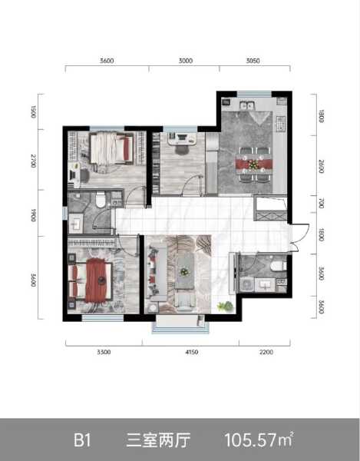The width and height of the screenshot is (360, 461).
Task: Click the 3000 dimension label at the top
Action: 186,61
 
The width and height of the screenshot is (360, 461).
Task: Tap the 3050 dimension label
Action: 253,61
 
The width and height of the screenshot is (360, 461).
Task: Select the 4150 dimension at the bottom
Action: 191,352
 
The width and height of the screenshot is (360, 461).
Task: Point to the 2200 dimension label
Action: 266,352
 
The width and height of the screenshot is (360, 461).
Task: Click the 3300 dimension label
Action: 104,352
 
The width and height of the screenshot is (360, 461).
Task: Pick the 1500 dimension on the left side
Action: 34,111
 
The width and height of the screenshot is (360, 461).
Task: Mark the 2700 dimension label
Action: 34,161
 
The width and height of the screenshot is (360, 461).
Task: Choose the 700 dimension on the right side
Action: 322,203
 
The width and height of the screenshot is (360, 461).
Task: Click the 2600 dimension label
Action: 322,167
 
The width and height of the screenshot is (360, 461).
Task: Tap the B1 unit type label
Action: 82,440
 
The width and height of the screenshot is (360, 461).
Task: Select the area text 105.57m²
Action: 259,439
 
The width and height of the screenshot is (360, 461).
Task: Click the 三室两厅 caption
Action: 158,440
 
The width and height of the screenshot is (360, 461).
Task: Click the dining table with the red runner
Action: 254,164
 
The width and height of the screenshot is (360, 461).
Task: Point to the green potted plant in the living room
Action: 225,307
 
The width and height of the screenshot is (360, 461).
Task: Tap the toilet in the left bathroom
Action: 101,199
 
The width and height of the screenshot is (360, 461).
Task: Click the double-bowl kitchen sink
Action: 246,105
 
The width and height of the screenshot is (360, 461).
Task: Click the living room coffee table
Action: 185,271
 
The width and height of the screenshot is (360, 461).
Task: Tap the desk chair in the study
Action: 183,149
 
